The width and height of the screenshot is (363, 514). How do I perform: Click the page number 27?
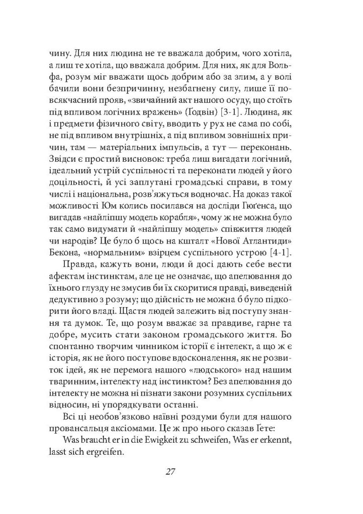169,471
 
